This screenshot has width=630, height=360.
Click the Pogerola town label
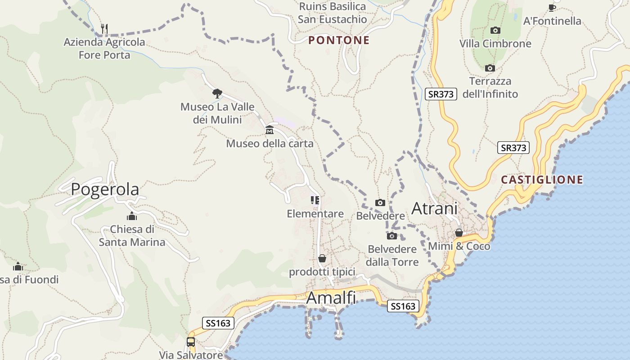[x=105, y=189]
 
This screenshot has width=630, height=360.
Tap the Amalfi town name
[x=331, y=298]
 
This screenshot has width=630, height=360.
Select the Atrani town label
[x=434, y=208]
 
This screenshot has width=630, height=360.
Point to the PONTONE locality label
[x=339, y=40]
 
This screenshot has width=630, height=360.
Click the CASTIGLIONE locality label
[x=542, y=180]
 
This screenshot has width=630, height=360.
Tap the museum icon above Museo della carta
[x=270, y=130]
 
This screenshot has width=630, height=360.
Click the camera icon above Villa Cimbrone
[x=495, y=30]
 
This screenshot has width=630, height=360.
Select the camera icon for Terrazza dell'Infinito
[x=490, y=68]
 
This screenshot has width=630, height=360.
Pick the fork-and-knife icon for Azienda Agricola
[x=104, y=29]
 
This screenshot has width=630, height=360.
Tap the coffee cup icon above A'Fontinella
[x=552, y=8]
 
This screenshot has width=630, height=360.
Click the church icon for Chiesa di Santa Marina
[x=132, y=216]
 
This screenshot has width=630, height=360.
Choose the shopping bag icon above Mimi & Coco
[x=459, y=233]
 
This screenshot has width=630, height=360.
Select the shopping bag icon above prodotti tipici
[x=322, y=258]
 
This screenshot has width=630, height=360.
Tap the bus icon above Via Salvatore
[x=191, y=342]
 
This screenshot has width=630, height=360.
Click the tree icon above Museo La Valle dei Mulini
[x=217, y=94]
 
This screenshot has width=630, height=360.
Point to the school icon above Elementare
[x=315, y=200]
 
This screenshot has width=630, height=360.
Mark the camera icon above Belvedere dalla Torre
[x=392, y=236]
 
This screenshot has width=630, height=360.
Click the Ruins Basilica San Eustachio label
[x=333, y=13]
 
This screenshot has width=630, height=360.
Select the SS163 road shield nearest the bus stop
[x=218, y=323]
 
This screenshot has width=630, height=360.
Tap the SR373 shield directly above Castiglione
[x=513, y=148]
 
